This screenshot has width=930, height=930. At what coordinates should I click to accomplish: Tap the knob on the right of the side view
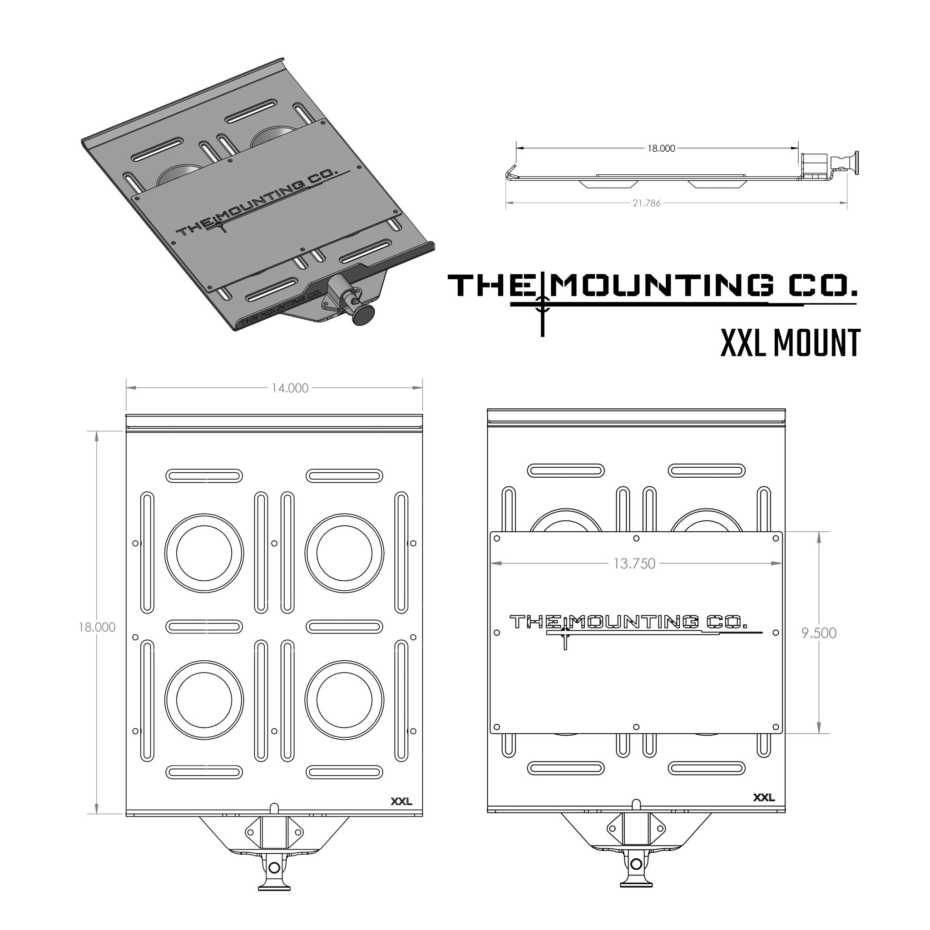[855, 163]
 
